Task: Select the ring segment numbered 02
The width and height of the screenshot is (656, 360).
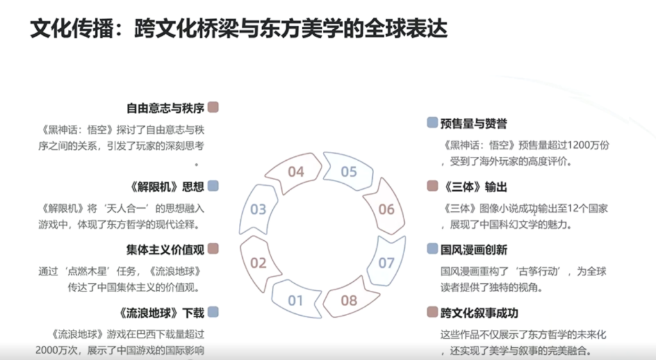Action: click(x=258, y=263)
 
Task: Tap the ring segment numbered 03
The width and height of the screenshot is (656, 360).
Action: click(x=258, y=209)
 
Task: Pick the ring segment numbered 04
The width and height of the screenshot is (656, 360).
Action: click(x=295, y=172)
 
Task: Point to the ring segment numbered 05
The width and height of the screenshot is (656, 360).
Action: click(x=348, y=172)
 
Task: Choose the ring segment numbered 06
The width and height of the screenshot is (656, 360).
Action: click(x=386, y=209)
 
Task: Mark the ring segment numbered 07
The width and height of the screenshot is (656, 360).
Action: click(x=386, y=263)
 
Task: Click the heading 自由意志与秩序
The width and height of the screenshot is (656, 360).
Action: click(x=165, y=108)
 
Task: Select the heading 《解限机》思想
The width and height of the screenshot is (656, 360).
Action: click(x=166, y=186)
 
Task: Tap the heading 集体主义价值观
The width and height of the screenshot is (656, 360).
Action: click(x=165, y=249)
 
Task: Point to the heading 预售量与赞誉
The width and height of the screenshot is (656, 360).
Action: click(x=474, y=124)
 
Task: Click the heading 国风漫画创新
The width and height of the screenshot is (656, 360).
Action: click(x=474, y=249)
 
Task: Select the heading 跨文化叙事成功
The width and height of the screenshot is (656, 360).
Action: click(x=480, y=313)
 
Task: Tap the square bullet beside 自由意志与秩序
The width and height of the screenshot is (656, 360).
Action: click(x=213, y=107)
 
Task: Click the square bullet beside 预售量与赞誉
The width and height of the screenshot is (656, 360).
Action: click(x=432, y=122)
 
